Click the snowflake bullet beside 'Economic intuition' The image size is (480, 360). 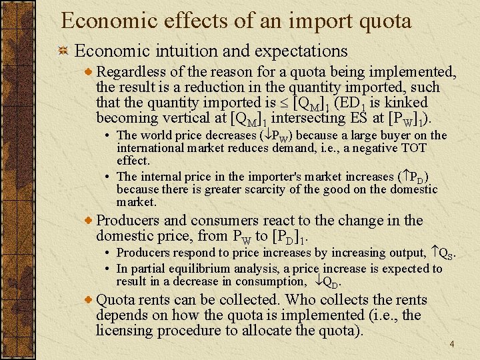click(x=63, y=51)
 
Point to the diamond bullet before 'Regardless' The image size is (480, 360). click(x=90, y=72)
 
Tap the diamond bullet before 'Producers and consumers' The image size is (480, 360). click(x=90, y=221)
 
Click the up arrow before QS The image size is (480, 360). click(x=433, y=253)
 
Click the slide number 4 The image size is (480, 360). click(x=451, y=344)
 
